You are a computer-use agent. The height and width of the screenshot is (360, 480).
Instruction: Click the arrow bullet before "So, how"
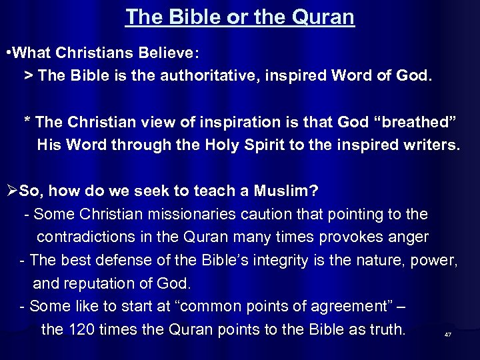pos(11,191)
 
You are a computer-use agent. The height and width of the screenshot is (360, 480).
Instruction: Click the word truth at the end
pos(388,329)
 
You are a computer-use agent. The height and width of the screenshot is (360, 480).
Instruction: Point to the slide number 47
pos(447,335)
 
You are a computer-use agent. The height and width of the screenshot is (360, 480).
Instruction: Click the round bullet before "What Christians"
pos(7,52)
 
